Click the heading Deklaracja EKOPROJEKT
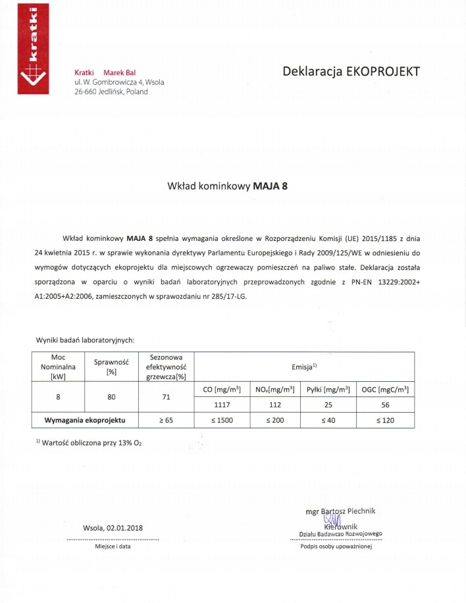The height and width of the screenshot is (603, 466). tap(350, 71)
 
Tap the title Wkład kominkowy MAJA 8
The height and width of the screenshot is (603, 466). tap(228, 186)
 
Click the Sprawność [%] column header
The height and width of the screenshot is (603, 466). tap(111, 367)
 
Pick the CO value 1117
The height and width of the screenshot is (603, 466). tap(222, 405)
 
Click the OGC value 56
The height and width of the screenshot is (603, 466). tap(386, 405)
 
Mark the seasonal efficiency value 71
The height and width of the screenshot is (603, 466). tap(167, 398)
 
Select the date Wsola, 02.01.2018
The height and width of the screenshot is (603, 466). tap(113, 528)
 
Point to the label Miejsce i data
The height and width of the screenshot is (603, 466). tap(113, 546)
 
